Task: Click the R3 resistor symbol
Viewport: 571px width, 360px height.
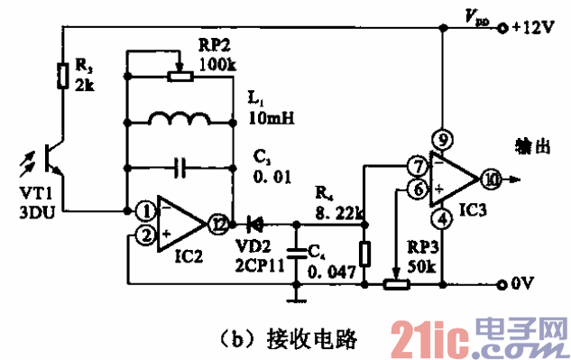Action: (x=61, y=75)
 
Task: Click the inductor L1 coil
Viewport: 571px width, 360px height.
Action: (x=181, y=120)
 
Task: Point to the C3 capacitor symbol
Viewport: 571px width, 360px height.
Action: (x=181, y=167)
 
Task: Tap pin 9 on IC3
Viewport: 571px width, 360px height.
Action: (x=442, y=139)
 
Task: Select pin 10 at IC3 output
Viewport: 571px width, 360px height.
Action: (x=490, y=178)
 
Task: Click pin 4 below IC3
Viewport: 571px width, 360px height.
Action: (x=442, y=217)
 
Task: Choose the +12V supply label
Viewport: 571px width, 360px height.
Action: (x=532, y=27)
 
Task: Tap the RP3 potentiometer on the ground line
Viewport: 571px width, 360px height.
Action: (x=398, y=285)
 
